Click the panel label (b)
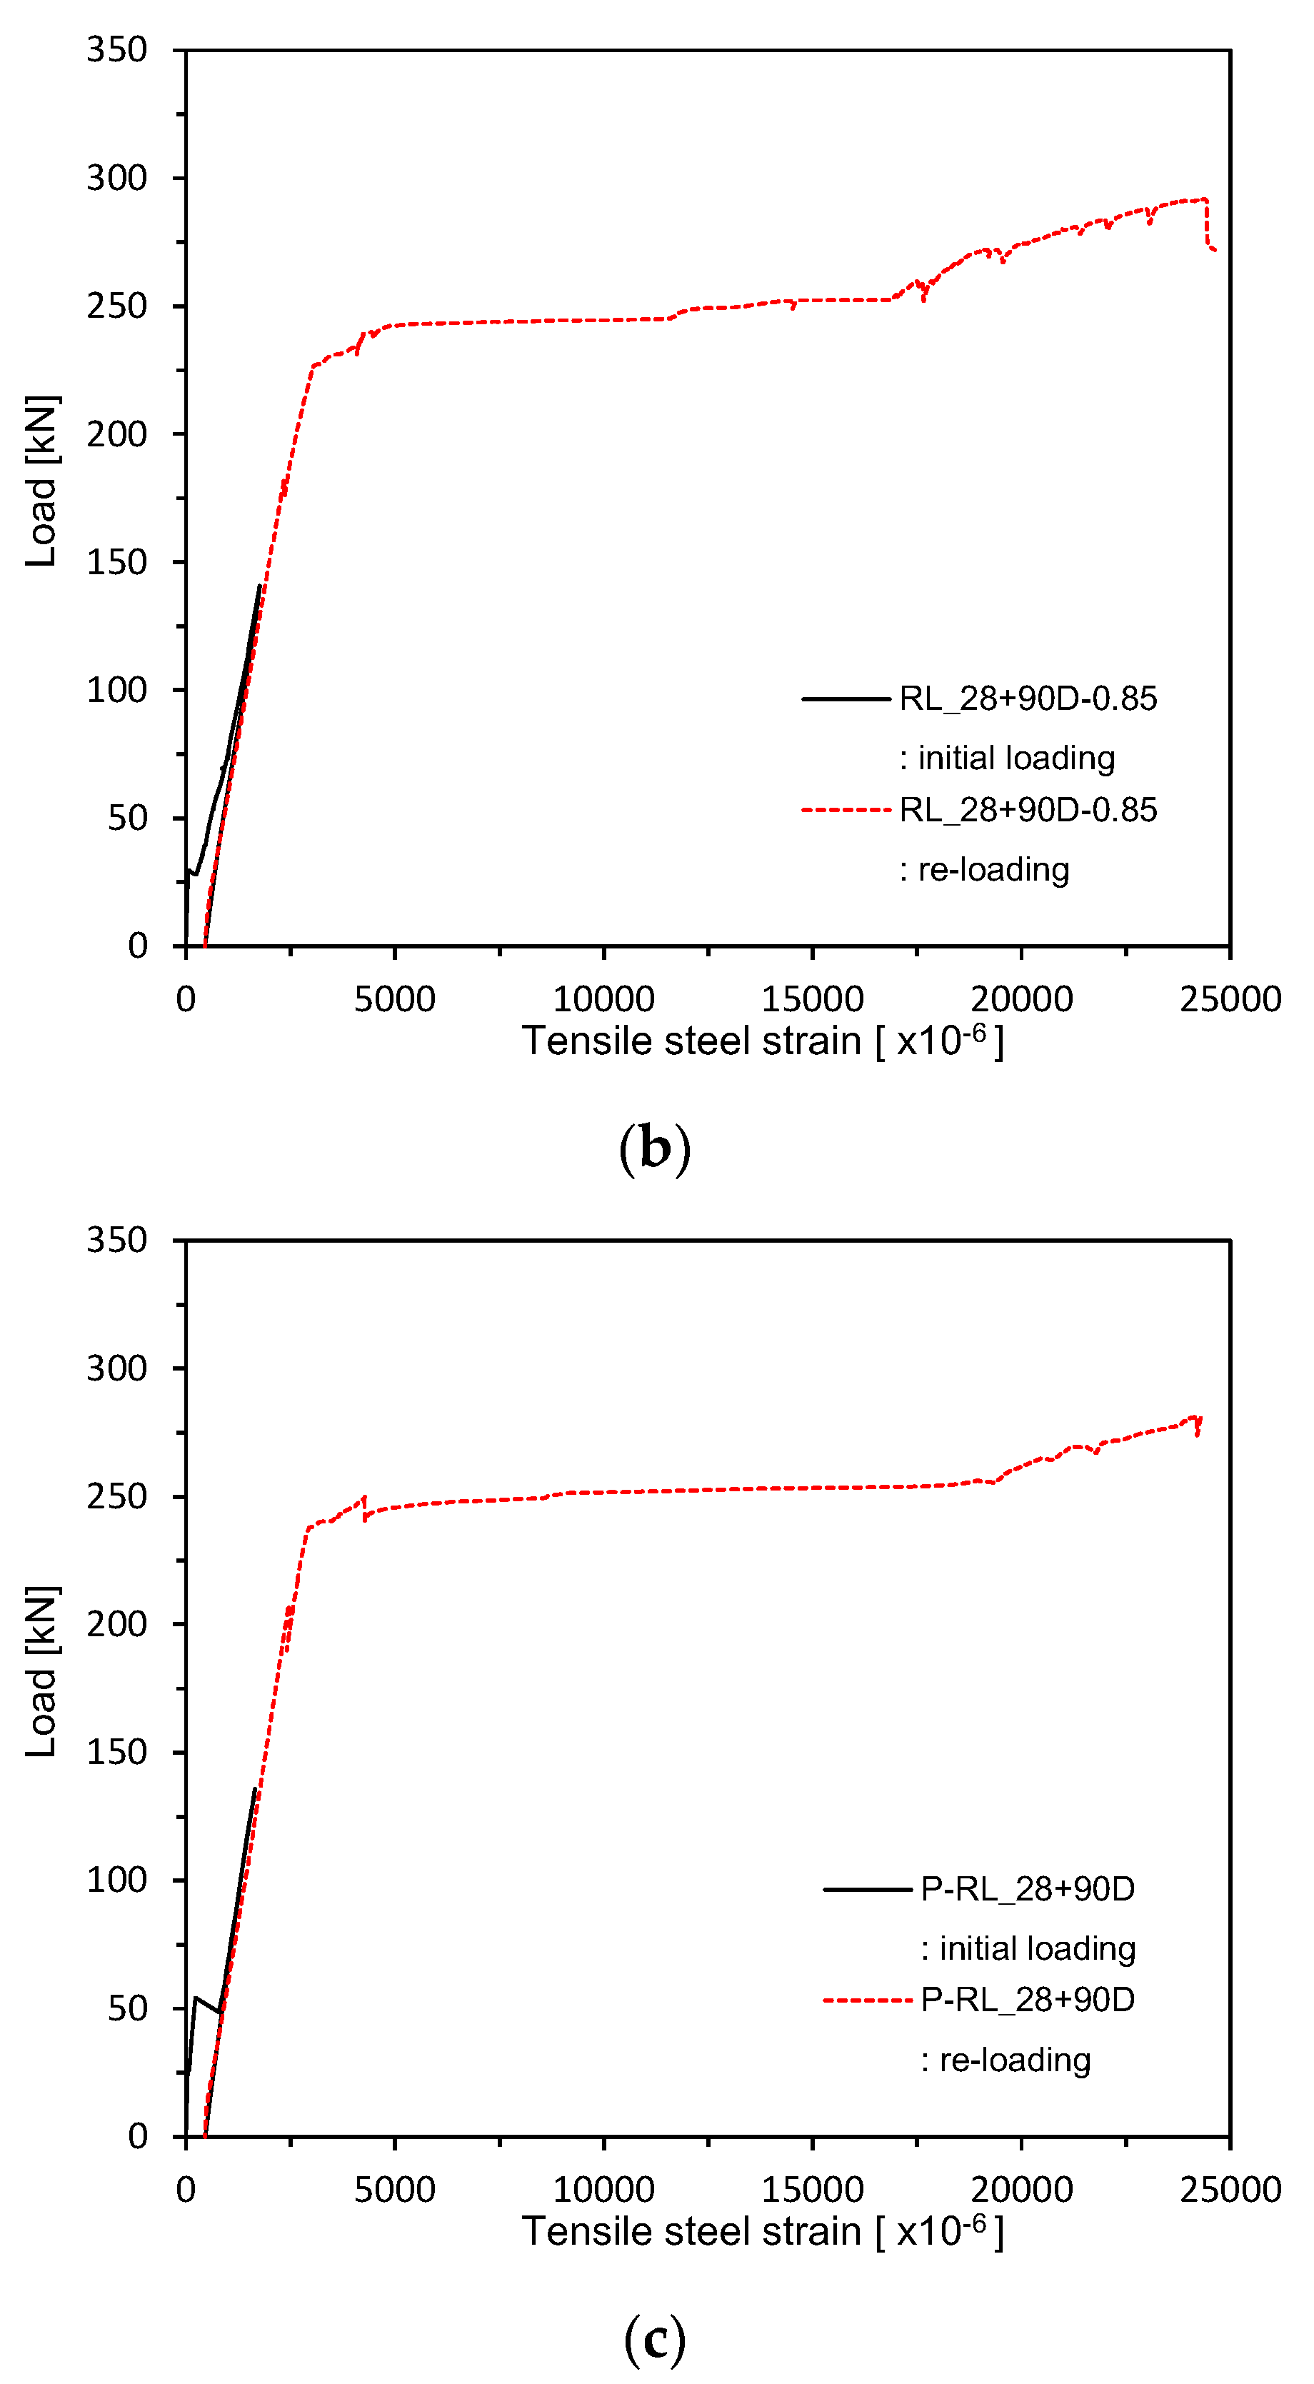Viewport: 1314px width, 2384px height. pyautogui.click(x=654, y=1148)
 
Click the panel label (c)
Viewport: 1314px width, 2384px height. pyautogui.click(x=654, y=2339)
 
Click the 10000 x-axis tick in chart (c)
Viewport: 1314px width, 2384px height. pyautogui.click(x=603, y=2190)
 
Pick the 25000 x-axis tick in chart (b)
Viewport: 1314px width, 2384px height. pyautogui.click(x=1230, y=999)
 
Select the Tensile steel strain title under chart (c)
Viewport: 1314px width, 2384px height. pyautogui.click(x=763, y=2230)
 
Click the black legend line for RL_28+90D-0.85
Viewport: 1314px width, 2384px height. pyautogui.click(x=846, y=698)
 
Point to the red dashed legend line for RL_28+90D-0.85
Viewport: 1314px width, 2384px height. pyautogui.click(x=846, y=810)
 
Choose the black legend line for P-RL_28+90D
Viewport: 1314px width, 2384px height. pyautogui.click(x=867, y=1889)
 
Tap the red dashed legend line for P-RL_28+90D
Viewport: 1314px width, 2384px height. pyautogui.click(x=867, y=2000)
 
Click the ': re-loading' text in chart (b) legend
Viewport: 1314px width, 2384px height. pyautogui.click(x=985, y=870)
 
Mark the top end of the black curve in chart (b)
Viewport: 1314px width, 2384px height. pyautogui.click(x=259, y=586)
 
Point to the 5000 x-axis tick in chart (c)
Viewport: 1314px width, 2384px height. pyautogui.click(x=394, y=2190)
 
